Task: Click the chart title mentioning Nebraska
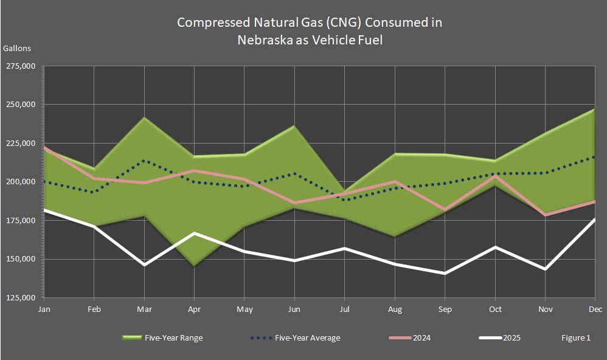coord(309,32)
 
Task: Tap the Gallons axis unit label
coord(17,48)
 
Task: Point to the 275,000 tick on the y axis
coord(21,66)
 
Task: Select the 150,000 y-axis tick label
coord(21,259)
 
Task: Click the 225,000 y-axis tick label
coord(21,143)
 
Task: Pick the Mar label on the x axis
coord(145,309)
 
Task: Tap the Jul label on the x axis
coord(344,309)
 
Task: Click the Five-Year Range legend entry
coord(163,337)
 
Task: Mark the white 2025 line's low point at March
coord(145,265)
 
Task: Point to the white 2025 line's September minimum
coord(445,273)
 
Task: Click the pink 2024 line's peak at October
coord(494,176)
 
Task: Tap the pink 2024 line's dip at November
coord(545,215)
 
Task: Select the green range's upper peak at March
coord(145,118)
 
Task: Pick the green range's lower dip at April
coord(195,265)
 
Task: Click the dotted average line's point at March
coord(145,161)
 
